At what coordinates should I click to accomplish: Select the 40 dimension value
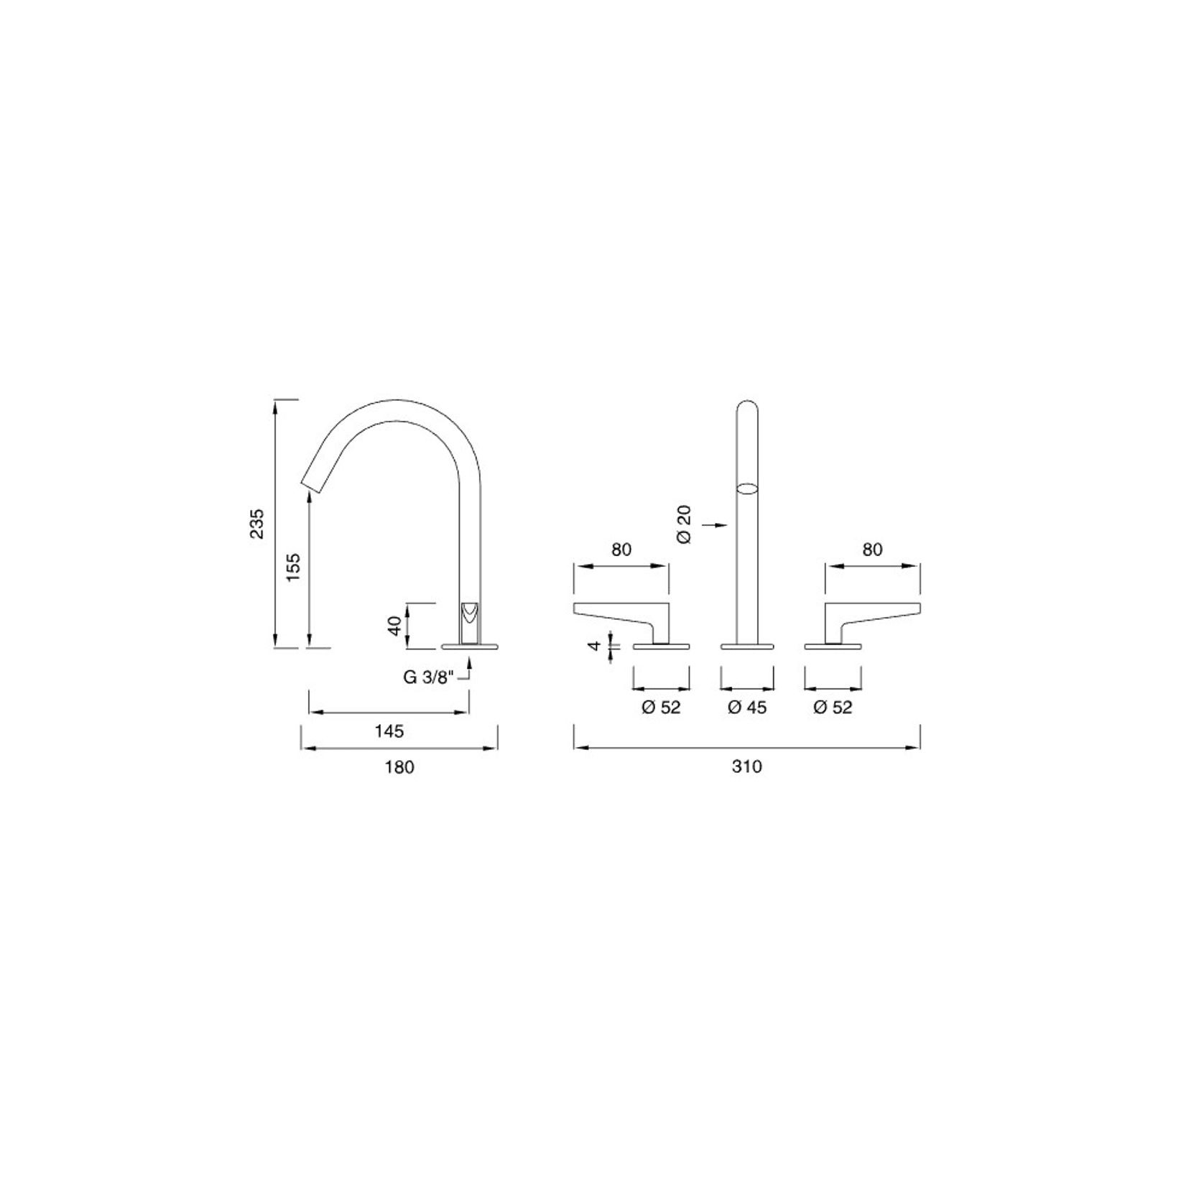(393, 624)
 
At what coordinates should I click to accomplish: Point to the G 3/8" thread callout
(429, 677)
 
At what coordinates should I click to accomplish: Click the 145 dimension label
(389, 731)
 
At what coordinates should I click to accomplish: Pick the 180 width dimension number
(399, 767)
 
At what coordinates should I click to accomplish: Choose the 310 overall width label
(747, 767)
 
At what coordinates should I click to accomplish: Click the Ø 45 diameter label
(747, 708)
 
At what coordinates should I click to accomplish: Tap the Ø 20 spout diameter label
(684, 524)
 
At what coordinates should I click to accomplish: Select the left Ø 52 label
(661, 708)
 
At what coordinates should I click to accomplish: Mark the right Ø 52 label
(833, 708)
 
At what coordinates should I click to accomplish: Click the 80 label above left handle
(621, 550)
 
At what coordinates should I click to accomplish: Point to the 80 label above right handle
(872, 550)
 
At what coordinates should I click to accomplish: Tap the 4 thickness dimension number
(594, 645)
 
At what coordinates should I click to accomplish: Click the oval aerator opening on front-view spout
(748, 488)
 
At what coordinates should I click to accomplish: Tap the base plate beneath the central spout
(748, 647)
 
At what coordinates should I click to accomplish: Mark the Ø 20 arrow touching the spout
(722, 525)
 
